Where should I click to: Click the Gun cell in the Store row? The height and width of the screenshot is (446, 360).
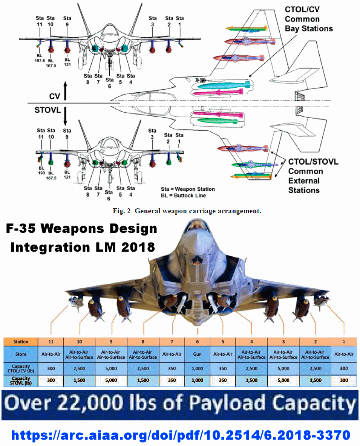tap(197, 355)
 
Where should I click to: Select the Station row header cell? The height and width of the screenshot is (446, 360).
tap(21, 342)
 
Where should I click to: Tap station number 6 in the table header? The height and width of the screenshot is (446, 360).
tap(197, 342)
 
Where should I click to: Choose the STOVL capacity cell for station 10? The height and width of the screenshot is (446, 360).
tap(80, 380)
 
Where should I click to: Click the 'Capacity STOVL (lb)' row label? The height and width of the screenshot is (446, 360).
tap(21, 380)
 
